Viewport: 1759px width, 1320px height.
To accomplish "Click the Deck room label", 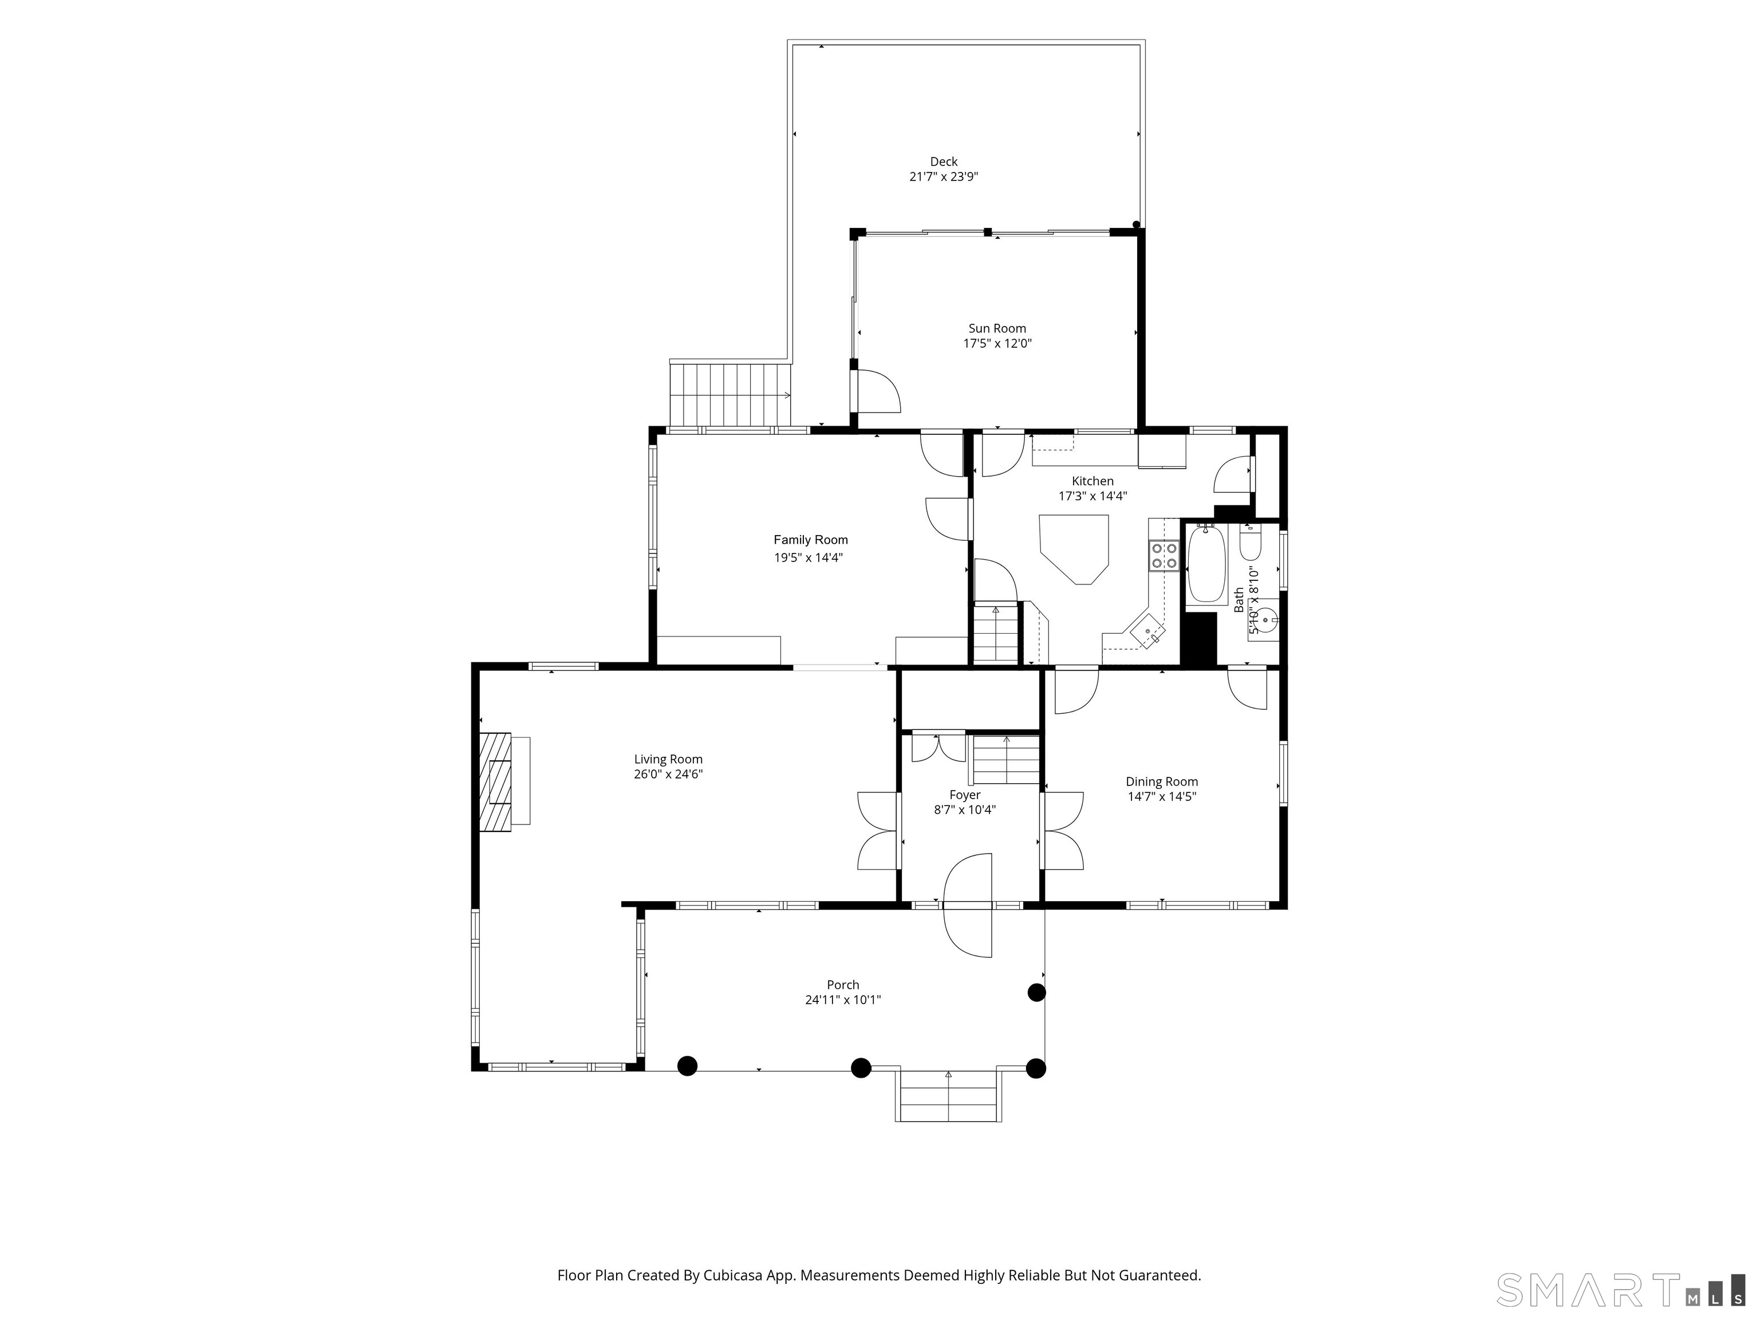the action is tap(944, 162).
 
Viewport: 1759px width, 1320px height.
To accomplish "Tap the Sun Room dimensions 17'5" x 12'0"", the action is tap(997, 344).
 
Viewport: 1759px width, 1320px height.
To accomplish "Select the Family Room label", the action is tap(810, 540).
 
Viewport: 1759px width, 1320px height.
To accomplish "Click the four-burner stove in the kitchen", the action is tap(1164, 555).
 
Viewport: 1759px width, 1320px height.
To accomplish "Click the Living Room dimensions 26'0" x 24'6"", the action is tap(668, 774).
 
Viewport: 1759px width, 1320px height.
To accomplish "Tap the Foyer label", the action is tap(965, 795).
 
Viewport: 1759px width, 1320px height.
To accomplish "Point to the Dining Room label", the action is tap(1162, 781).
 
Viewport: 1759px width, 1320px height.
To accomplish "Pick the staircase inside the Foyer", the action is tap(1007, 761).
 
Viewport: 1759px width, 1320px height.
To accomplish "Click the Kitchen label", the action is tap(1093, 481).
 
